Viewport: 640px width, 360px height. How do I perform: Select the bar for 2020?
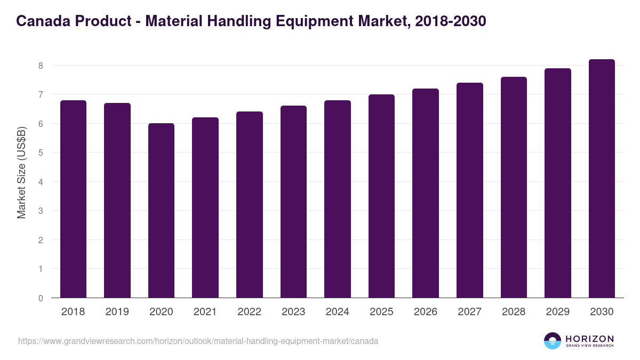coord(161,211)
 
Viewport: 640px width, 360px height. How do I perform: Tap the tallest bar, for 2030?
coord(602,179)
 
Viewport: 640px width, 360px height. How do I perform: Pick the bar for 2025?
coord(381,196)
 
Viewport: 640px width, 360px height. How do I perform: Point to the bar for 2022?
coord(249,205)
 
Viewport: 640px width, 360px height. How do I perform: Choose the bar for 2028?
coord(514,187)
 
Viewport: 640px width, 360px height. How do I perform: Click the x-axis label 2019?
coord(117,312)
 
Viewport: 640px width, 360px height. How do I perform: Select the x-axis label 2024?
coord(337,312)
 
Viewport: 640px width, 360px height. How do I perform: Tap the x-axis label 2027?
coord(469,312)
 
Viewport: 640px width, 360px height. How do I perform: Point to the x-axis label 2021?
coord(205,312)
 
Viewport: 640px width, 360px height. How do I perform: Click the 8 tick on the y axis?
coord(40,66)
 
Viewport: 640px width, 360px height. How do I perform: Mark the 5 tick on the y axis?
coord(40,153)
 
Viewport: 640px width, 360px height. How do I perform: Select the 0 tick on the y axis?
coord(40,298)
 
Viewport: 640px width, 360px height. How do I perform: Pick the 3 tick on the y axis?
coord(40,211)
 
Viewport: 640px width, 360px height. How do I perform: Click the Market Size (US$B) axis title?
coord(22,172)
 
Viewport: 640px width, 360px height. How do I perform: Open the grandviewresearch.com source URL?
coord(198,341)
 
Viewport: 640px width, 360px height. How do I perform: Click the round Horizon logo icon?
coord(553,341)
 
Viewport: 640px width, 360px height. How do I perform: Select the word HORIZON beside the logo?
coord(589,338)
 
